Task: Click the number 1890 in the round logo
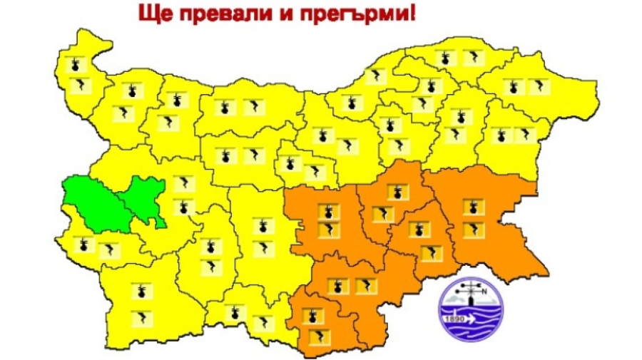(455, 318)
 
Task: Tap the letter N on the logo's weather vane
(484, 290)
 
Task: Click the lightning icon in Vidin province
(79, 86)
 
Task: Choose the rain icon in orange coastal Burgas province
(471, 207)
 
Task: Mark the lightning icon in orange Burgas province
(472, 230)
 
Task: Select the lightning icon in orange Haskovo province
(364, 287)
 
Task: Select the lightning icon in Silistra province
(472, 58)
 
